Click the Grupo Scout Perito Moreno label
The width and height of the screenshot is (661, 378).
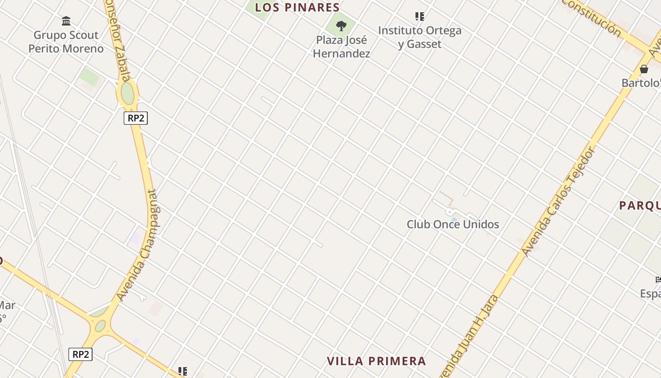66,42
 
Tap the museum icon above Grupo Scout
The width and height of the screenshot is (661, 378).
66,21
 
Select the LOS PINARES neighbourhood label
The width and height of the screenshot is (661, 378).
297,7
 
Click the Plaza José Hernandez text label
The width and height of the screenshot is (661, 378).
341,46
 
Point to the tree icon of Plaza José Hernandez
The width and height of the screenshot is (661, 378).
341,26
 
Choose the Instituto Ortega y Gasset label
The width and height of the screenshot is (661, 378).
420,37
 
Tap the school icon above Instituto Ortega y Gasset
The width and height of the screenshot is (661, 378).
420,17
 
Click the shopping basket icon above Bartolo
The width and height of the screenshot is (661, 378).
644,69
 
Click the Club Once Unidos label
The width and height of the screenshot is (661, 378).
453,224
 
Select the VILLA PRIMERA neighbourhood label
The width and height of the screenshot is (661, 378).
376,361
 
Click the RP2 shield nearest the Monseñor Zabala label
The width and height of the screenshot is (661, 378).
136,118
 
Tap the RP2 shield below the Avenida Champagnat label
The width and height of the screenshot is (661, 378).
80,354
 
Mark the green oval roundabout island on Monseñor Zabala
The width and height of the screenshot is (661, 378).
127,93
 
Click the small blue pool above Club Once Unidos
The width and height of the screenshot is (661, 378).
454,219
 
